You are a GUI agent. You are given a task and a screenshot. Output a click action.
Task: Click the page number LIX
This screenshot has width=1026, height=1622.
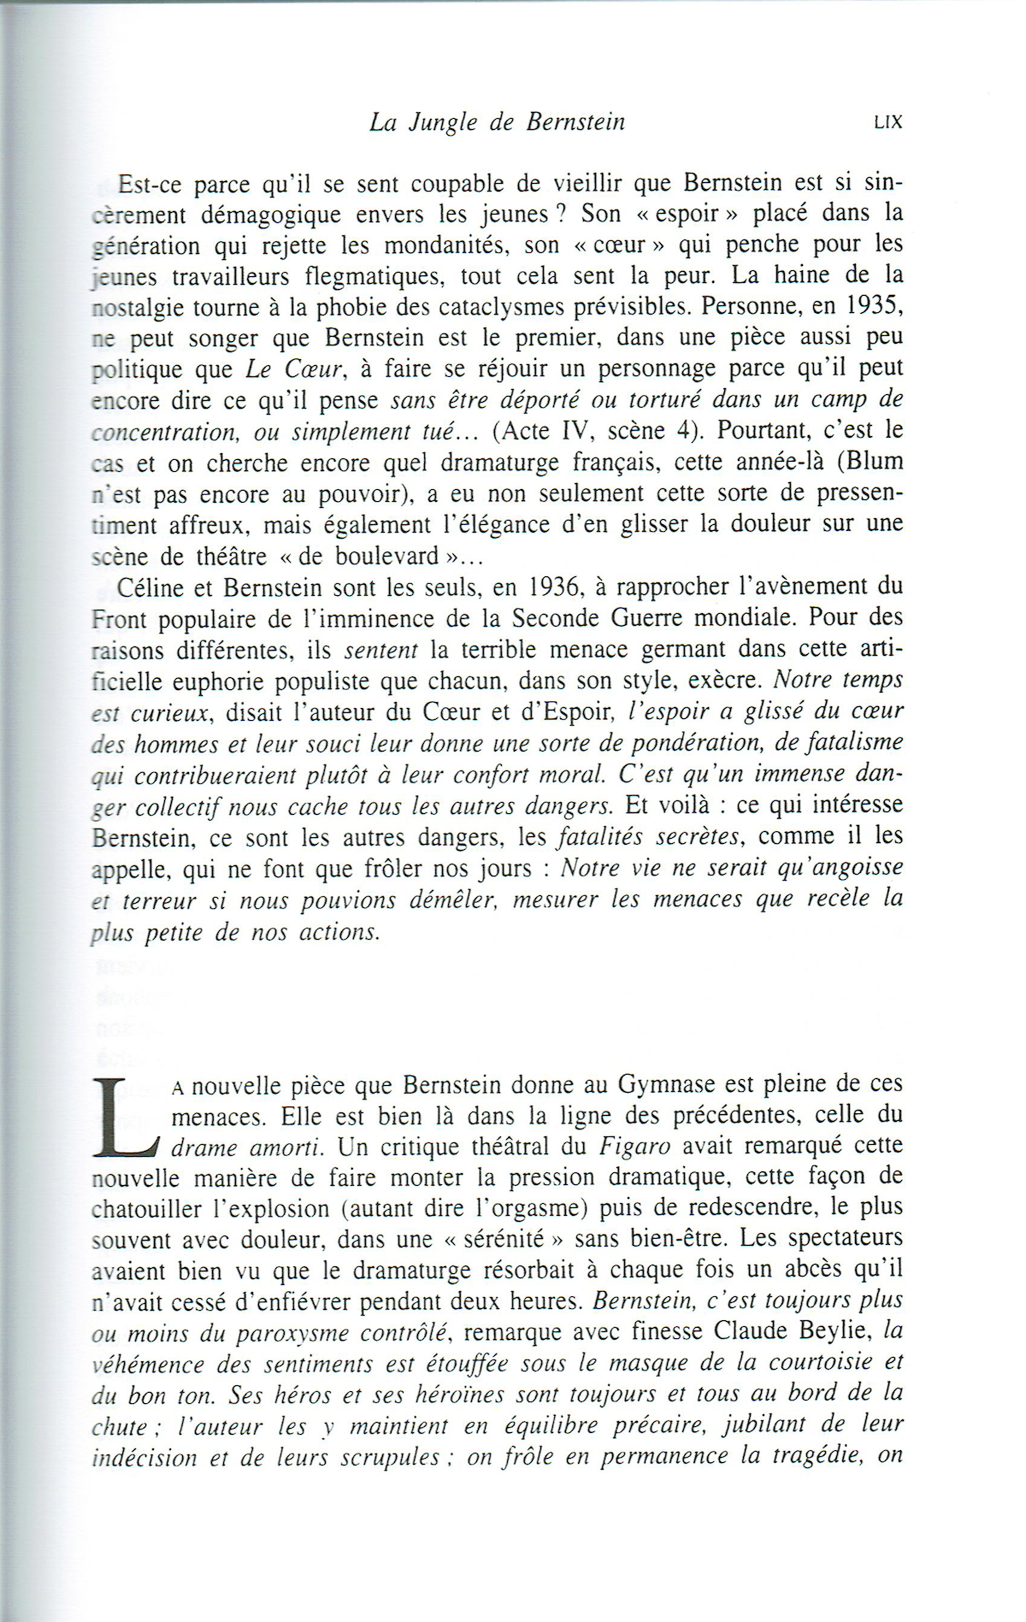click(x=888, y=122)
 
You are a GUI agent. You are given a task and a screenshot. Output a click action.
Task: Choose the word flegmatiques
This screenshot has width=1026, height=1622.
click(x=366, y=275)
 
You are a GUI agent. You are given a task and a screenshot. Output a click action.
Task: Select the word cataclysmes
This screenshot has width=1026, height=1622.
click(x=534, y=306)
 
